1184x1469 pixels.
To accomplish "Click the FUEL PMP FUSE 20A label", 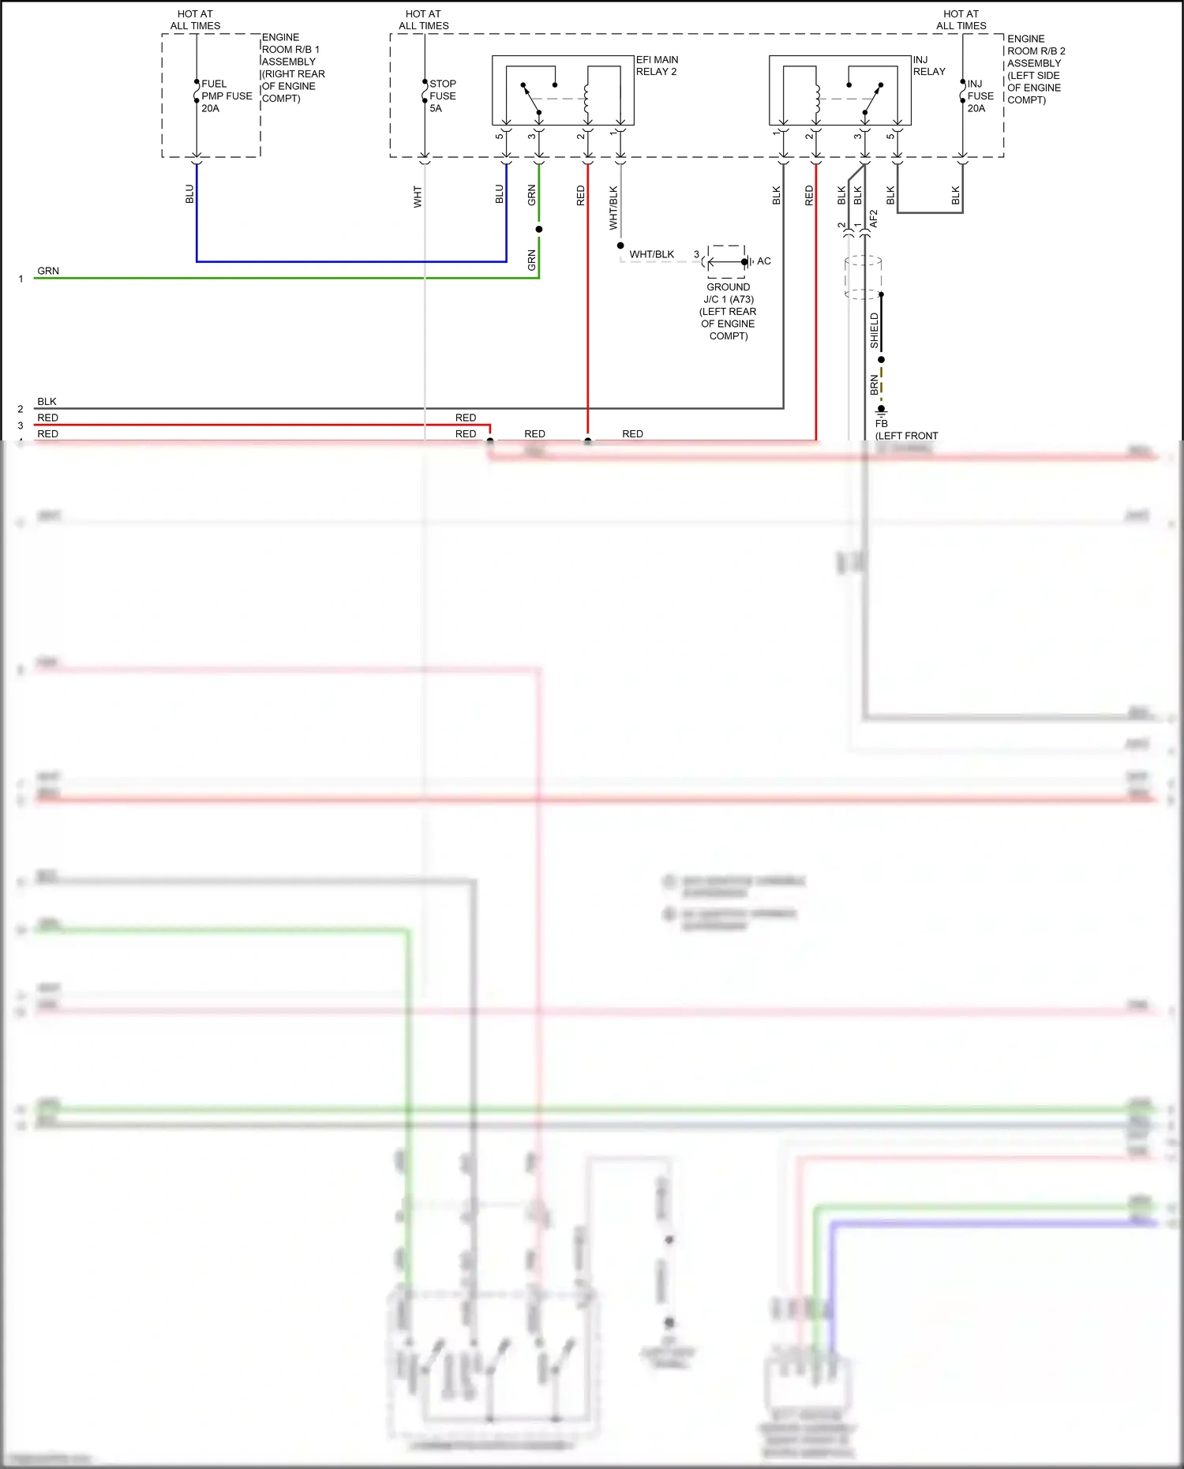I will click(226, 96).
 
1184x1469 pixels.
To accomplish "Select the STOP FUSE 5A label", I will click(442, 96).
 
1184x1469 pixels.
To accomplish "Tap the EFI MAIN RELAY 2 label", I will click(657, 66).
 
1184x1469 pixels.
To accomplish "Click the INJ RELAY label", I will click(928, 66).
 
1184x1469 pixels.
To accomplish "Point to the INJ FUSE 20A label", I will click(980, 96).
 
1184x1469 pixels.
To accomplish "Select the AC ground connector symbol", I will click(727, 261).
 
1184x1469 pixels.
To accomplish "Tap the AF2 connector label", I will click(874, 219).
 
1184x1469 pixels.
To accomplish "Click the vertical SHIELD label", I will click(874, 331).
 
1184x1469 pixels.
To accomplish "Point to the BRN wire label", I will click(874, 384).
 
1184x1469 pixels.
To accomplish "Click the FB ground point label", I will click(881, 424).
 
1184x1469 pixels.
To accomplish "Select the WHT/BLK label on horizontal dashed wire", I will click(651, 254).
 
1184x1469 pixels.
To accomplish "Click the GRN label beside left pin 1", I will click(48, 271).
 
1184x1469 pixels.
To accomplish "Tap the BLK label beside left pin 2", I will click(47, 401).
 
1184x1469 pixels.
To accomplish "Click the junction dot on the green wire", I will click(539, 229).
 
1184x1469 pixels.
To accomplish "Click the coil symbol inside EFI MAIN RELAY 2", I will click(586, 99).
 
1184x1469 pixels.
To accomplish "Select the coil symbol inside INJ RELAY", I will click(816, 99).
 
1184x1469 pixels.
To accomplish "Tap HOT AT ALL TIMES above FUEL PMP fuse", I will click(195, 20).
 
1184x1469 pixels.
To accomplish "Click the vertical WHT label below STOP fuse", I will click(418, 197).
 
